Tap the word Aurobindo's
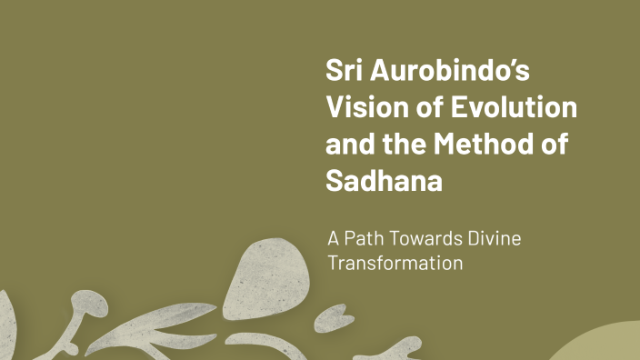[x=450, y=70]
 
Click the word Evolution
[x=514, y=106]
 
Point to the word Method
[x=484, y=144]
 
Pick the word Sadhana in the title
[x=384, y=180]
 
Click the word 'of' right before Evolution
[x=430, y=106]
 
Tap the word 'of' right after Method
[x=555, y=144]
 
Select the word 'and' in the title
[x=350, y=144]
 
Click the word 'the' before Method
[x=405, y=144]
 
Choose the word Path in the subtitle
[x=364, y=238]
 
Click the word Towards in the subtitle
[x=425, y=238]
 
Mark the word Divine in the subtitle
[x=495, y=238]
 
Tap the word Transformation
[x=395, y=263]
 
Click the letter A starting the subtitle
[x=334, y=238]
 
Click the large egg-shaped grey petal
[x=266, y=279]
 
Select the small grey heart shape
[x=334, y=318]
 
